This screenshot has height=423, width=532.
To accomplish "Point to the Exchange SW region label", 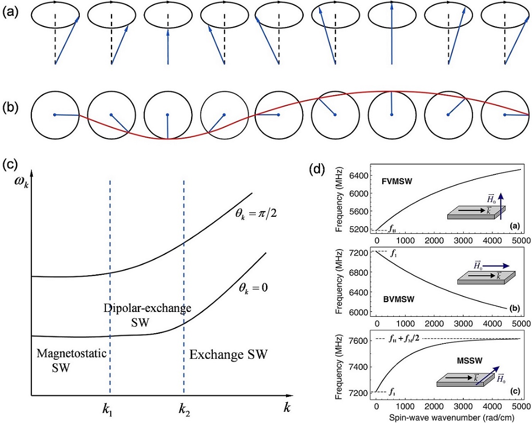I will [x=229, y=354].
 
